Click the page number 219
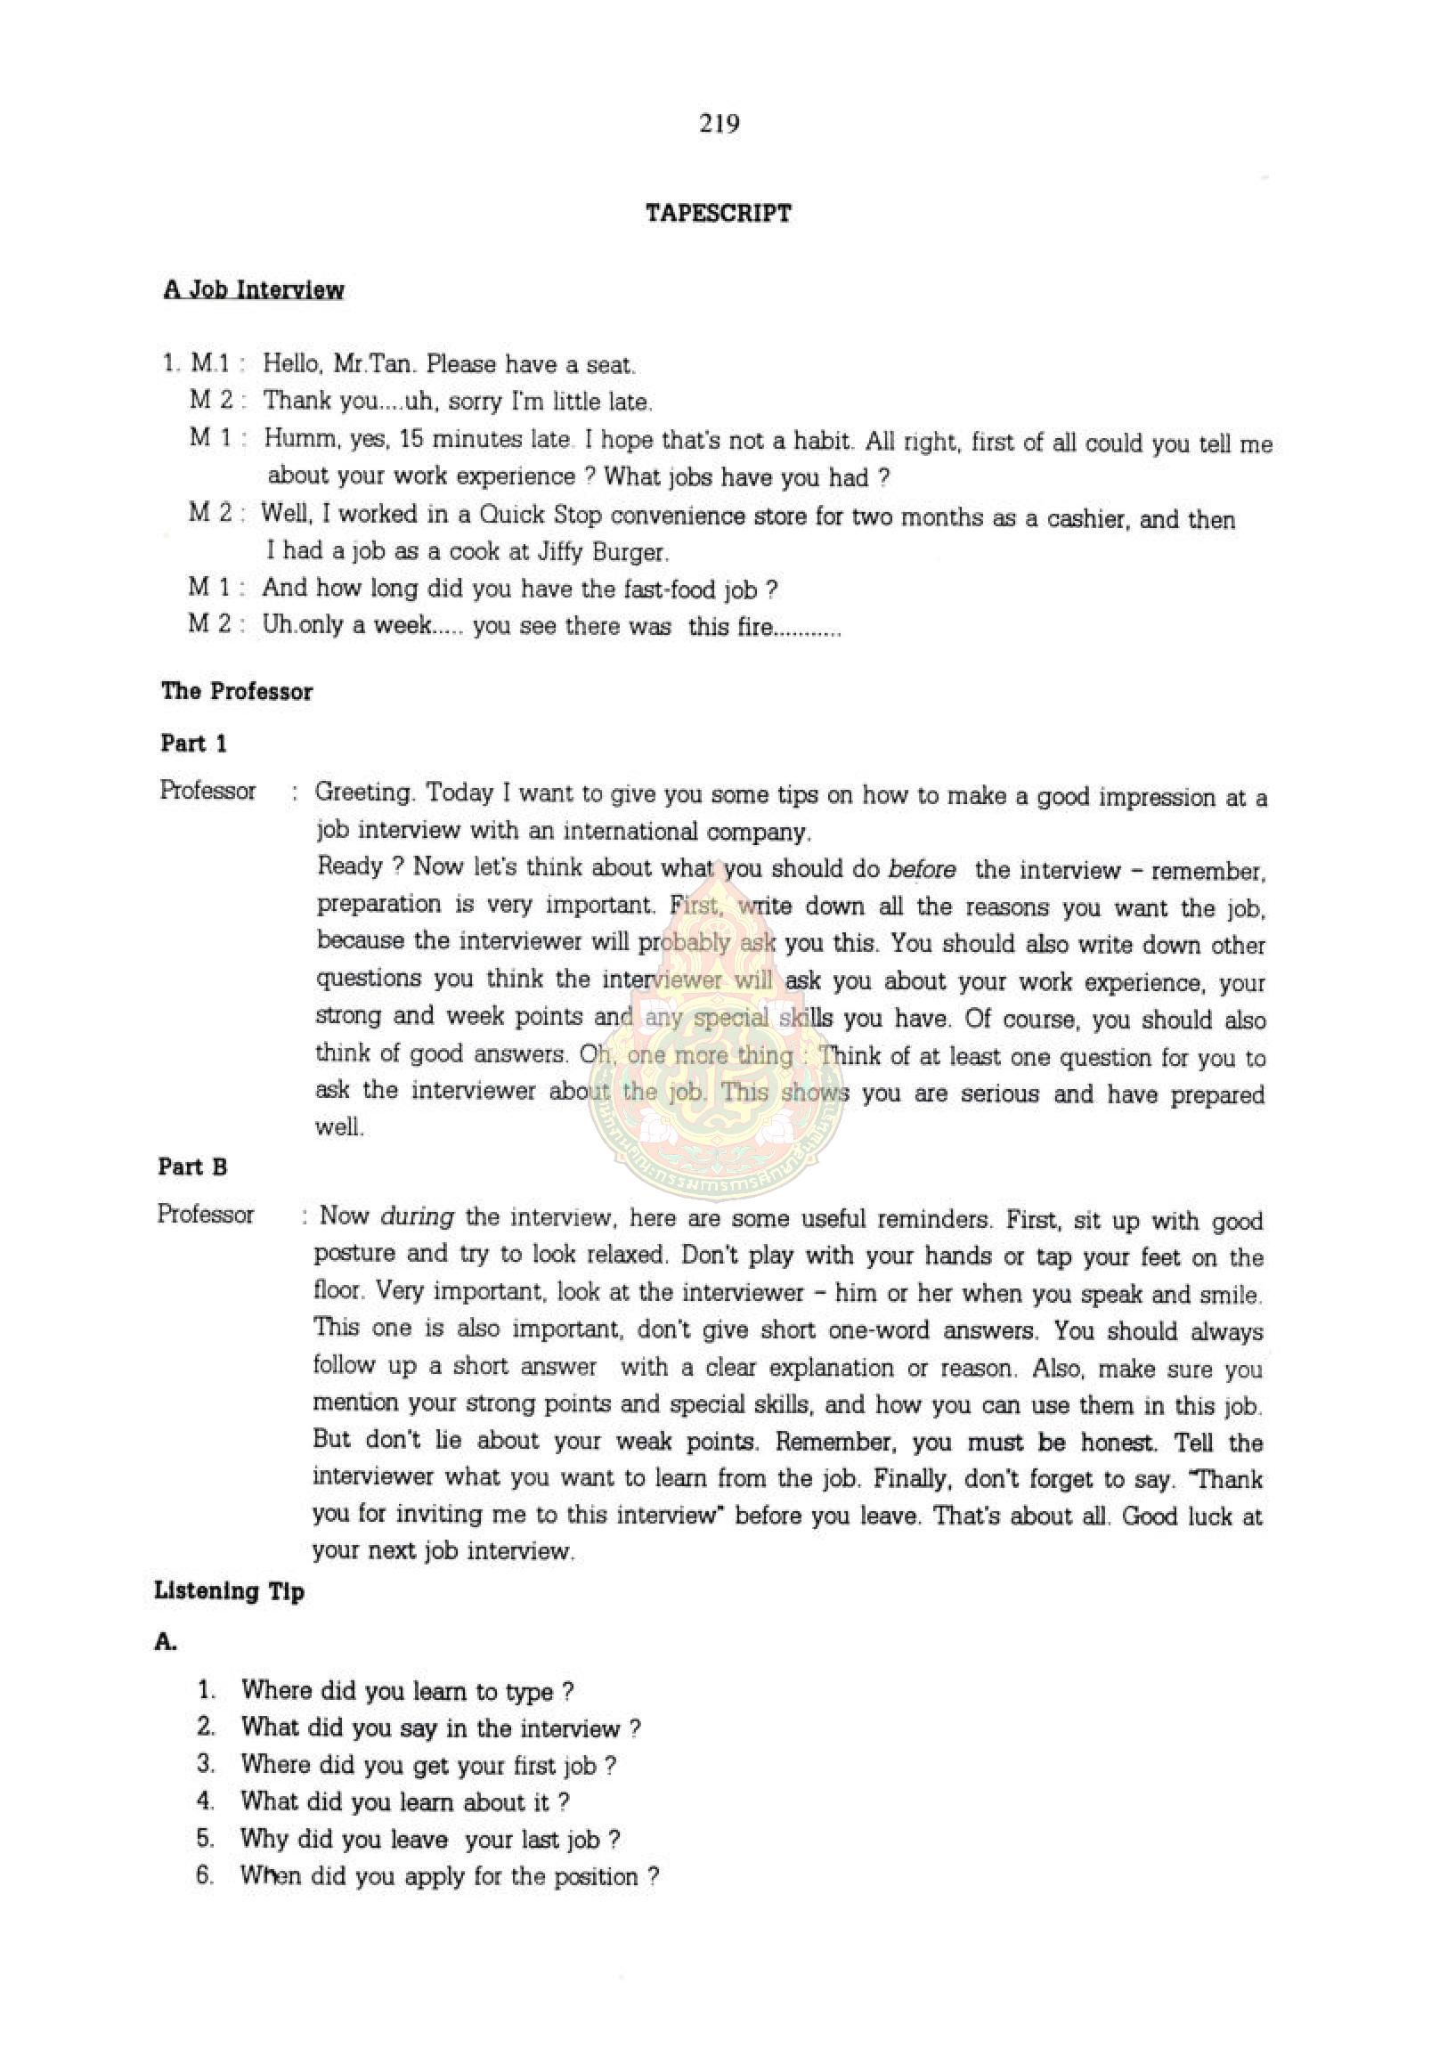click(720, 124)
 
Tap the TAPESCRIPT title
click(719, 214)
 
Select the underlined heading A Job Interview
click(254, 289)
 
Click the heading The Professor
click(237, 691)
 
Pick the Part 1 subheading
click(193, 744)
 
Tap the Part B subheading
click(192, 1167)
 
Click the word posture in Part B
click(351, 1254)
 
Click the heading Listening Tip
click(230, 1591)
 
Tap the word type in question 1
click(529, 1692)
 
